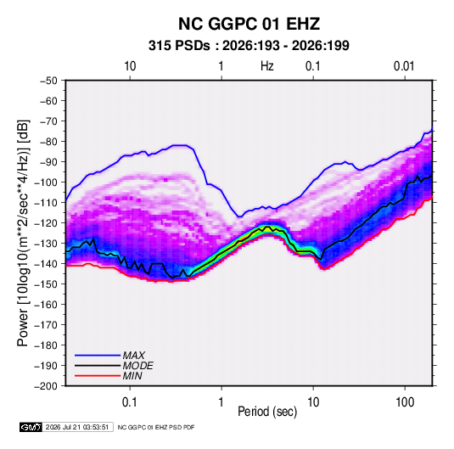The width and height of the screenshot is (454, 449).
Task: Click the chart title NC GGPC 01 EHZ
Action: click(x=249, y=24)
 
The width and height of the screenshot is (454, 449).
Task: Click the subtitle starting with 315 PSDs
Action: click(x=249, y=46)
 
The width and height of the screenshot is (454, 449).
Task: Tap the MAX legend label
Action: click(x=133, y=356)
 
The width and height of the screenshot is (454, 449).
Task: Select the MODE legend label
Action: click(x=137, y=366)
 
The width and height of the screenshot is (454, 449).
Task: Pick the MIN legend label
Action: click(x=132, y=376)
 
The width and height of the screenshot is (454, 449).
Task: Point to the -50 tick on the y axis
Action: click(x=48, y=81)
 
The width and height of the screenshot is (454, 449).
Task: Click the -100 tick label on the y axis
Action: click(x=47, y=182)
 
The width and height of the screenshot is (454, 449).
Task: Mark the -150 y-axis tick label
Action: click(x=47, y=284)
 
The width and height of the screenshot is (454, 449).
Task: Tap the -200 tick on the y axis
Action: click(x=47, y=386)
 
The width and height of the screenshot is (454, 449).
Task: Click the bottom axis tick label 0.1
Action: click(x=130, y=402)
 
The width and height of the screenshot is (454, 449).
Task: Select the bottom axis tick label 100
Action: click(x=405, y=402)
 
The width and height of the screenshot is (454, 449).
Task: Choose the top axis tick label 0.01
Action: click(x=404, y=66)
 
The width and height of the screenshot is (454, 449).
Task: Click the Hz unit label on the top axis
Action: click(x=267, y=66)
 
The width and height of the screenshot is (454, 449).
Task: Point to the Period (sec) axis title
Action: click(x=267, y=412)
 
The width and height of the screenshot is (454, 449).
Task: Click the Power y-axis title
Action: click(x=23, y=233)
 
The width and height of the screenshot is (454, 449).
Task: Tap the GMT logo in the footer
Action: click(x=31, y=427)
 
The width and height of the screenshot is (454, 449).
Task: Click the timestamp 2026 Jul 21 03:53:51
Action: click(x=77, y=427)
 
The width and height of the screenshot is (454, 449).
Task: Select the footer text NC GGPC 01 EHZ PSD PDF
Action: click(x=156, y=427)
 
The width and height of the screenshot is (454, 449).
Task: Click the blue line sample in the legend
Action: click(x=98, y=356)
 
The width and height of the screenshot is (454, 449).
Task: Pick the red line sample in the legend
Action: click(x=98, y=376)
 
